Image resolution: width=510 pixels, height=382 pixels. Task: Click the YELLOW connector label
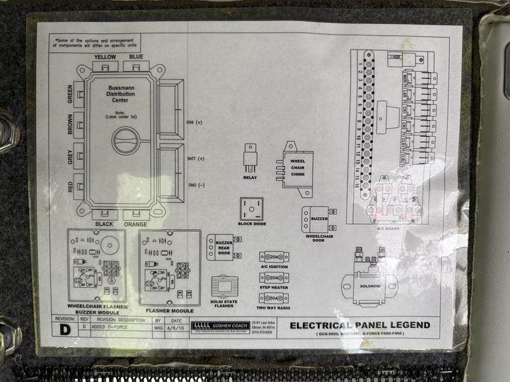point(105,57)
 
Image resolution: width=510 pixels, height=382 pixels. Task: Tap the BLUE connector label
point(136,57)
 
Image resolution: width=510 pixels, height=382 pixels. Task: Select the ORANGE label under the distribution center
point(136,224)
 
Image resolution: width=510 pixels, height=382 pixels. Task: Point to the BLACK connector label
point(105,224)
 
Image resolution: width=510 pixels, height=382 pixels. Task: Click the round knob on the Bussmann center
point(126,140)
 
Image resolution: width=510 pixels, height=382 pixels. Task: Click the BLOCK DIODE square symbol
point(251,209)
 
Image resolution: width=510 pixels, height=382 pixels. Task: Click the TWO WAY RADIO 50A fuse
point(273,298)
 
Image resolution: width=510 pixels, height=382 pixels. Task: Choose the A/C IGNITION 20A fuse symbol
point(273,257)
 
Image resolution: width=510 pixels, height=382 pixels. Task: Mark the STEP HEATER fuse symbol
point(273,278)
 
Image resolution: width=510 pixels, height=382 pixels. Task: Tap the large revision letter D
point(64,330)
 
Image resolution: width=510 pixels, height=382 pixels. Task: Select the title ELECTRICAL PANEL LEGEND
point(360,325)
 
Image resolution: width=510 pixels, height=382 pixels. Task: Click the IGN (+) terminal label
point(194,122)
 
